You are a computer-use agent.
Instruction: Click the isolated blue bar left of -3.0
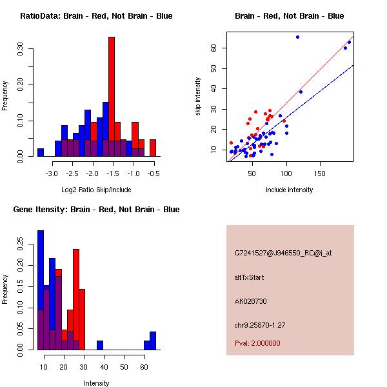[x=40, y=152]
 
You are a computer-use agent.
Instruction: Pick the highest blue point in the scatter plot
[x=297, y=37]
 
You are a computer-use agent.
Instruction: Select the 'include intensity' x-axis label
[x=289, y=190]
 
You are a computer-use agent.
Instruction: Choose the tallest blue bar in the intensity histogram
[x=41, y=290]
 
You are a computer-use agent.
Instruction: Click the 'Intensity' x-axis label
[x=96, y=383]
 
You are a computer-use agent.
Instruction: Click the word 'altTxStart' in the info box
[x=249, y=277]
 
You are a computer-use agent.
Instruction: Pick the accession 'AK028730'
[x=251, y=301]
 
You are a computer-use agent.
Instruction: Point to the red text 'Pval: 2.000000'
[x=257, y=343]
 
